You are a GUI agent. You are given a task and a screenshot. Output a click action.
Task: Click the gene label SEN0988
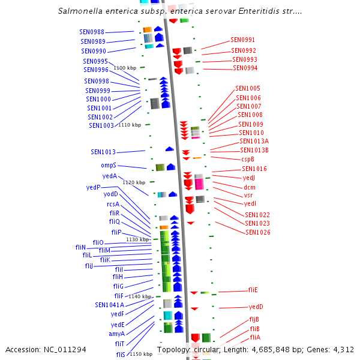click(x=92, y=32)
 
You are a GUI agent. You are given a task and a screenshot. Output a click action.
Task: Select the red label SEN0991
click(x=242, y=40)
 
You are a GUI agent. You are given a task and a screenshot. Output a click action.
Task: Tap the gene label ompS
click(x=109, y=165)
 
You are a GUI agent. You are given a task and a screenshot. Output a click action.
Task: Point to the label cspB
click(x=248, y=159)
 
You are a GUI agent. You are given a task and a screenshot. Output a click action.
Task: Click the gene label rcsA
click(x=113, y=204)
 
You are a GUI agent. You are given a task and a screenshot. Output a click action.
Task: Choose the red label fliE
click(x=253, y=290)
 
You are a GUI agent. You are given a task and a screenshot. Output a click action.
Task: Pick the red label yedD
click(x=256, y=307)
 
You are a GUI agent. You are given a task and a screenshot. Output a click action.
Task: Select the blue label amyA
click(x=117, y=334)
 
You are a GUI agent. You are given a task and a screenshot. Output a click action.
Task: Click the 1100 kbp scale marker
click(x=125, y=68)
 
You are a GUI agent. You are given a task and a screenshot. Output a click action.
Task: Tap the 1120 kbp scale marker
click(x=134, y=182)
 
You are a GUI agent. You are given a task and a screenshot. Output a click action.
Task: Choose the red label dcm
click(x=250, y=187)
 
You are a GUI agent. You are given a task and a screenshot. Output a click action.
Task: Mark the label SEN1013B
click(x=254, y=150)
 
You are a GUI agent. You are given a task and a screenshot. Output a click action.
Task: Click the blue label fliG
click(x=118, y=286)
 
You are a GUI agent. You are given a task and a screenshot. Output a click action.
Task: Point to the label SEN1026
click(x=257, y=232)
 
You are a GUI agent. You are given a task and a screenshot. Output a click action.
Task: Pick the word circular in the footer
click(x=203, y=349)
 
